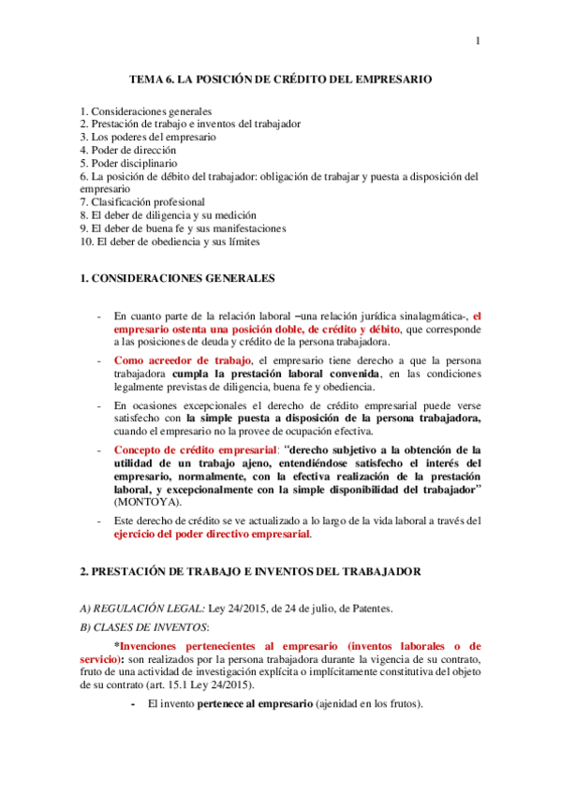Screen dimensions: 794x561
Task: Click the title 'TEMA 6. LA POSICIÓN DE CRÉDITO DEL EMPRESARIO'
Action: pos(280,81)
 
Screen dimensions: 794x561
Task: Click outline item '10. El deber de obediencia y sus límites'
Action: pos(170,241)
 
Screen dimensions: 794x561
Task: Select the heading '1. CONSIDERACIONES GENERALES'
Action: pos(178,279)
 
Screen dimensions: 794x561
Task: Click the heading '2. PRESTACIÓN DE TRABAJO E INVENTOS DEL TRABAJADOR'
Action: pos(250,570)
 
